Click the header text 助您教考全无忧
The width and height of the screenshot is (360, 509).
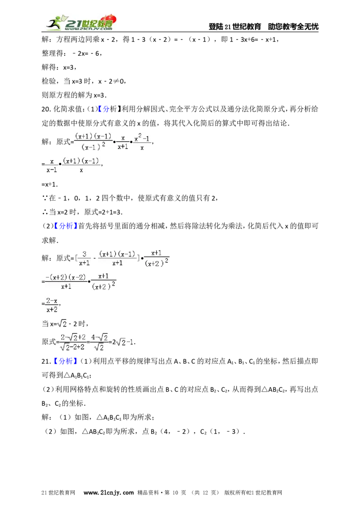293,27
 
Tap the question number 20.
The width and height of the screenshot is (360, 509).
46,109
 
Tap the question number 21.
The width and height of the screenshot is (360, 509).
46,362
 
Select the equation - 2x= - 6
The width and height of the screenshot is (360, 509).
86,54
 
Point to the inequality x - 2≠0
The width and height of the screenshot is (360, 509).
111,81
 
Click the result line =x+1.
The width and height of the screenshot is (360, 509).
49,184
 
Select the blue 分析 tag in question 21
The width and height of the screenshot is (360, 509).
66,362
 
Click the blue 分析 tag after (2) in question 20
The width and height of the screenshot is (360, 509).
66,226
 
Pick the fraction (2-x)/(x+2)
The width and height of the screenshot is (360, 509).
52,305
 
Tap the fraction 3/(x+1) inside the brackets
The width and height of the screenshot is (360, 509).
85,259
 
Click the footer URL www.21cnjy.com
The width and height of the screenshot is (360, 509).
108,493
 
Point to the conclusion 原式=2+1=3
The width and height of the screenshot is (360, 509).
103,212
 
